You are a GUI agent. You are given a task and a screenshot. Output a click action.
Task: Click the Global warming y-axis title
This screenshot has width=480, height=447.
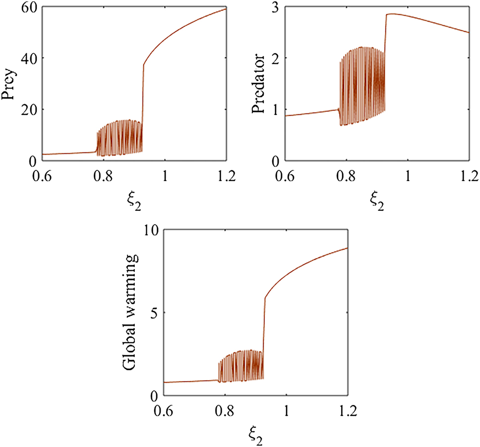130,313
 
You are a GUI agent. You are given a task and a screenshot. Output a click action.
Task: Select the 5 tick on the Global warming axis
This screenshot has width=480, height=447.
155,313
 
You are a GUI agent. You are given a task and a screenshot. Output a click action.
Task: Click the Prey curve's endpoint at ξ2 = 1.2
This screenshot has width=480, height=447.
226,8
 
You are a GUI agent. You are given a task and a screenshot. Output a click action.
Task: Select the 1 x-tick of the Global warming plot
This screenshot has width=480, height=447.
286,409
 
